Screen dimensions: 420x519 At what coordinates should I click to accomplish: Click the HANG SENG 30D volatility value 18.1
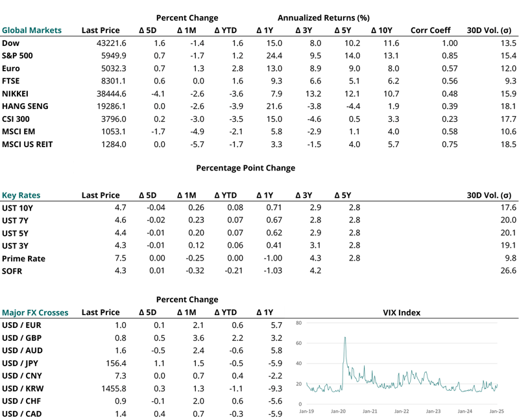tap(507, 106)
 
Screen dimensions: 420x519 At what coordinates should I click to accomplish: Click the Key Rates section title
tap(21, 195)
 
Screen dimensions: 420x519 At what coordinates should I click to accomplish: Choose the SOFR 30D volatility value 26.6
tap(507, 271)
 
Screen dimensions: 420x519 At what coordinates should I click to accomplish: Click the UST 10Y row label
tap(18, 207)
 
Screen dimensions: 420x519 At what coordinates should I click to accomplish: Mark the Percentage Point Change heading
tap(245, 168)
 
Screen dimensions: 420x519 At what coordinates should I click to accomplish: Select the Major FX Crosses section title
tap(34, 312)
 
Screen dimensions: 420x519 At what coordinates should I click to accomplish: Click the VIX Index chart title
tap(402, 312)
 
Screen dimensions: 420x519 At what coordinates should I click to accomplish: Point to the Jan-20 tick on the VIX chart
tap(338, 411)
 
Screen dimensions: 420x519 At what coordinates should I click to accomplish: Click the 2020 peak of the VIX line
tap(344, 338)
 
